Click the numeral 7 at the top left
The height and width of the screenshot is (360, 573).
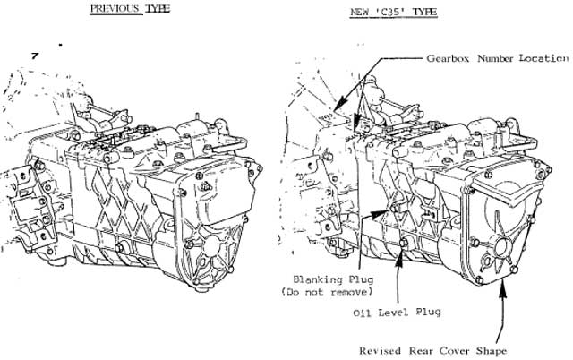tap(34, 56)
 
